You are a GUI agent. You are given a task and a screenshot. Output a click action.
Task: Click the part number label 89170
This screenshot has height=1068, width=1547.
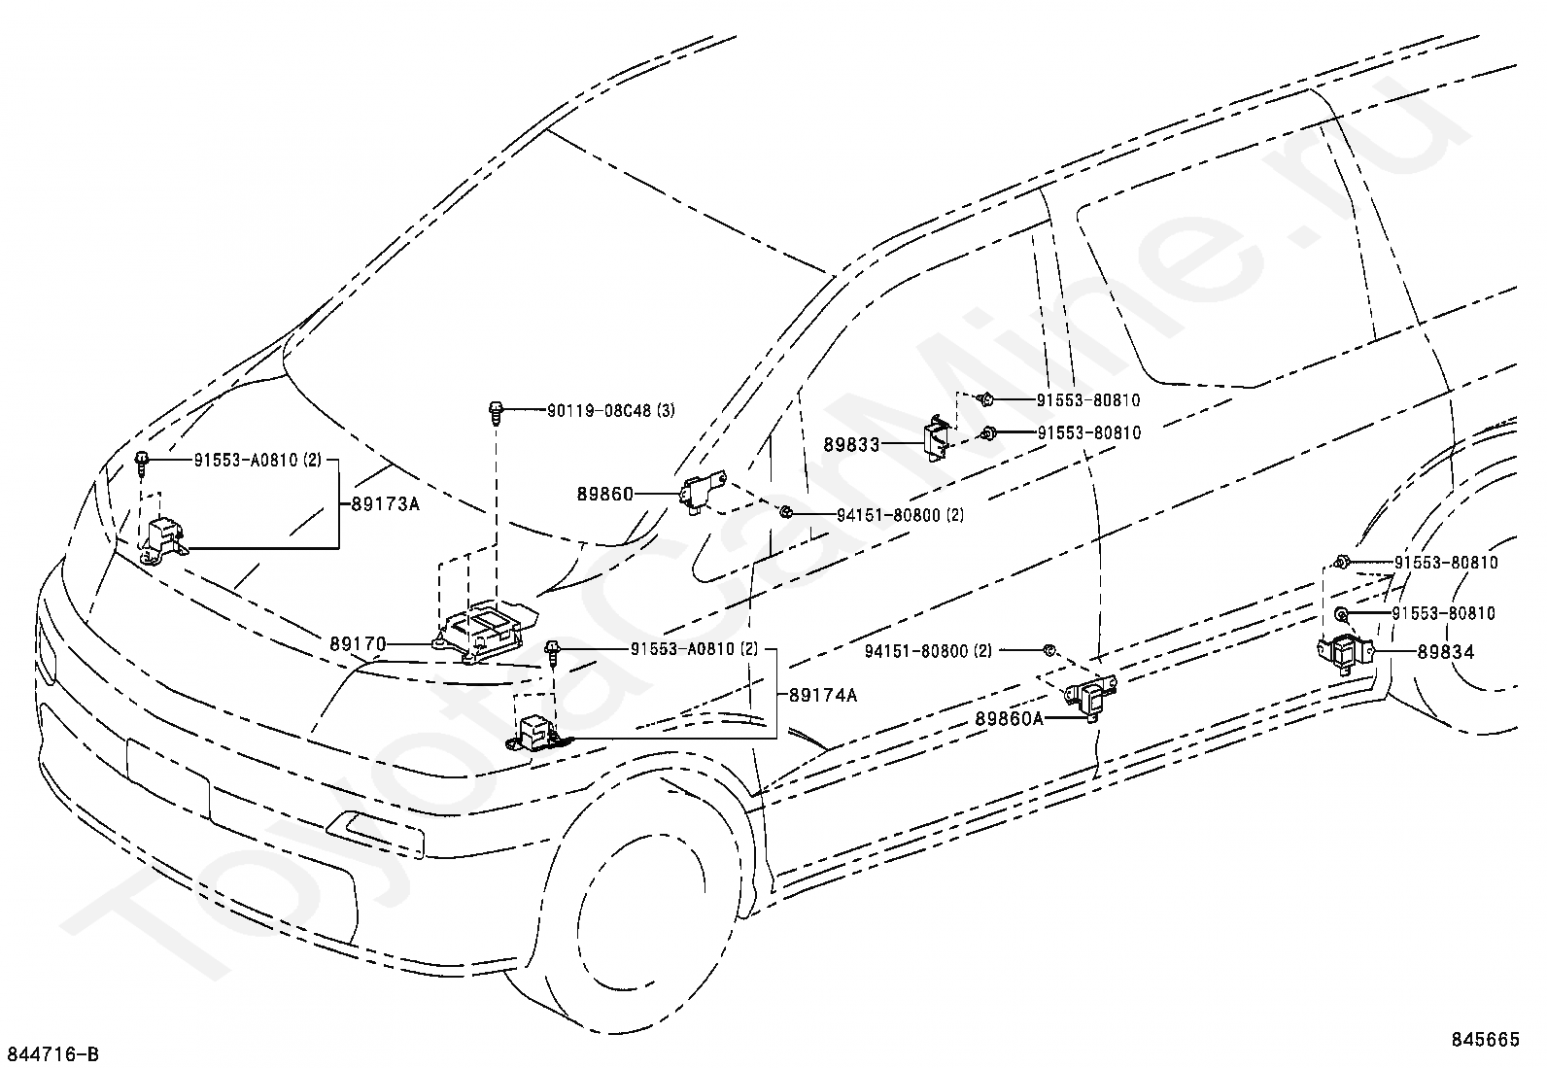coord(358,643)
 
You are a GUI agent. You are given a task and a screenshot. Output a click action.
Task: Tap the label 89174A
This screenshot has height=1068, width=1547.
coord(823,695)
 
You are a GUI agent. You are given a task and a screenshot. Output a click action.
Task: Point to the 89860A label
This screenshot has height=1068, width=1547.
coord(1010,719)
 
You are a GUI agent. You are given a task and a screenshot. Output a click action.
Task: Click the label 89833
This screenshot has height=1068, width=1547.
coord(851,445)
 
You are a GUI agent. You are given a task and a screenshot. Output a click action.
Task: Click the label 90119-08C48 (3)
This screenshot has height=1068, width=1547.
coord(597,411)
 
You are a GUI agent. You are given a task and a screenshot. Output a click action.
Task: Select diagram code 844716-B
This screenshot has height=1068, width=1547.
coord(52,1054)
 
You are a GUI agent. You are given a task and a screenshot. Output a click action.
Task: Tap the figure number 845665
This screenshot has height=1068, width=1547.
coord(1485,1039)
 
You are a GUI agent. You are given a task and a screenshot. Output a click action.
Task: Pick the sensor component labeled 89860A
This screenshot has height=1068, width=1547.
coord(1088,698)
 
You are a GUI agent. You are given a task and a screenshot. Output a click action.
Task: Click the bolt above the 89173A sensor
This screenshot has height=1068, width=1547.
coord(142,463)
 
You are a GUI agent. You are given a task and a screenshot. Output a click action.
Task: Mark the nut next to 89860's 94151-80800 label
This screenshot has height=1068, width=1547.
coord(786,513)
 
